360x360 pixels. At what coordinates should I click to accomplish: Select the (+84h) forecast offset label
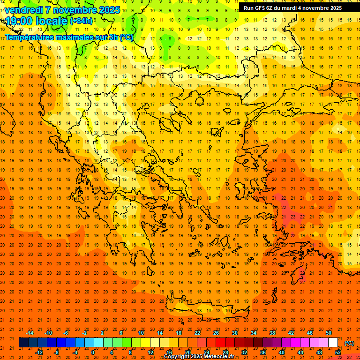[x=81, y=21]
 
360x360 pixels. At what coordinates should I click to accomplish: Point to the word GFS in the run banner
[x=261, y=8]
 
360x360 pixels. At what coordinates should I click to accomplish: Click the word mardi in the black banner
[x=289, y=8]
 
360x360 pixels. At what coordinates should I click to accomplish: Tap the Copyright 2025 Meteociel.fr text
[x=199, y=357]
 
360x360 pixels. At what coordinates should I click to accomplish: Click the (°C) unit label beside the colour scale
[x=349, y=343]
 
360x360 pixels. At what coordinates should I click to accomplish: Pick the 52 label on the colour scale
[x=338, y=352]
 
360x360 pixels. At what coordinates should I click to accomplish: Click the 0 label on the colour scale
[x=92, y=352]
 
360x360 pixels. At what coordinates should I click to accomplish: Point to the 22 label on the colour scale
[x=197, y=332]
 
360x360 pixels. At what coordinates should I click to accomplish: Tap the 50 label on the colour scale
[x=329, y=332]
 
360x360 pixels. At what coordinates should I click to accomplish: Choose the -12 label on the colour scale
[x=39, y=352]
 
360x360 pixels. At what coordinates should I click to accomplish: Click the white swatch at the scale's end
[x=333, y=343]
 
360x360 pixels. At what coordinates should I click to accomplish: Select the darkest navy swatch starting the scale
[x=24, y=343]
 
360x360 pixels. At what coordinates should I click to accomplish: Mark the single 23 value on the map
[x=292, y=217]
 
